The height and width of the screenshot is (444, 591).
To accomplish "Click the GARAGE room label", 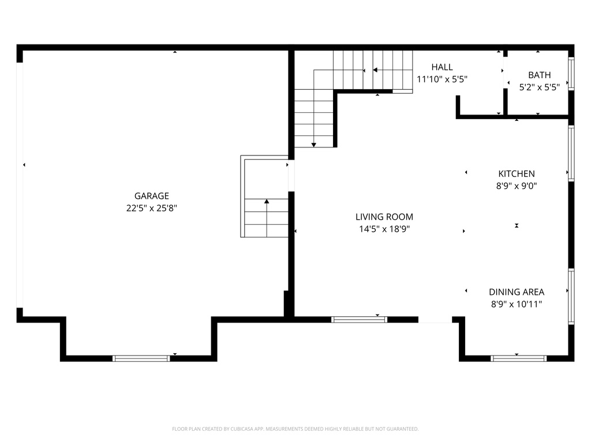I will tap(152, 196).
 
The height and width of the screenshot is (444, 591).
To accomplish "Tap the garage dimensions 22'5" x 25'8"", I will tap(152, 208).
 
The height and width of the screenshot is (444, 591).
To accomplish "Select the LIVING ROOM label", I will tap(384, 217).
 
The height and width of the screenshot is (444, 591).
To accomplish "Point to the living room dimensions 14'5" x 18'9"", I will tap(384, 229).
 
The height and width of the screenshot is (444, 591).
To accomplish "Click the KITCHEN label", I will tap(516, 173).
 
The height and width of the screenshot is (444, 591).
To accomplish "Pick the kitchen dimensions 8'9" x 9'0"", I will tap(516, 186).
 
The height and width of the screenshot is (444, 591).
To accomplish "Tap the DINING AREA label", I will tap(516, 292).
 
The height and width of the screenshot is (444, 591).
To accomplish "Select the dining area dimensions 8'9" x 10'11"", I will tap(516, 304).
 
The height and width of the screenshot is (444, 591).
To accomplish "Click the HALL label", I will tap(442, 67).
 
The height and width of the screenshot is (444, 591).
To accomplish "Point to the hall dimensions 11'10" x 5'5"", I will tap(442, 79).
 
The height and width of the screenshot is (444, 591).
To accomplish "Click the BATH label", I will tap(539, 75).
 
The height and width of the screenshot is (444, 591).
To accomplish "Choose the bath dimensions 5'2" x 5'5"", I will tap(539, 87).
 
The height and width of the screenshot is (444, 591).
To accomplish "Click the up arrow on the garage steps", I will tap(267, 202).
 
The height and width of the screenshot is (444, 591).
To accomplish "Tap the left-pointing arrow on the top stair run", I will tap(375, 70).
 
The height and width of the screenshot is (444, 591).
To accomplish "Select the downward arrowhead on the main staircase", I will tap(314, 144).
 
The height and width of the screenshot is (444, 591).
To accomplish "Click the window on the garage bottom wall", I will tap(141, 358).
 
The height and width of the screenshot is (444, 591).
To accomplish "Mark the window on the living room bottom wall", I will tap(359, 319).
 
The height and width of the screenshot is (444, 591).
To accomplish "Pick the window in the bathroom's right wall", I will tap(571, 74).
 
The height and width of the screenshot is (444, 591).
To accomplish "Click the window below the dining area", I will tap(518, 358).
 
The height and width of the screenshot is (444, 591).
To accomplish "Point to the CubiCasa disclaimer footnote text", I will tap(295, 429).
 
